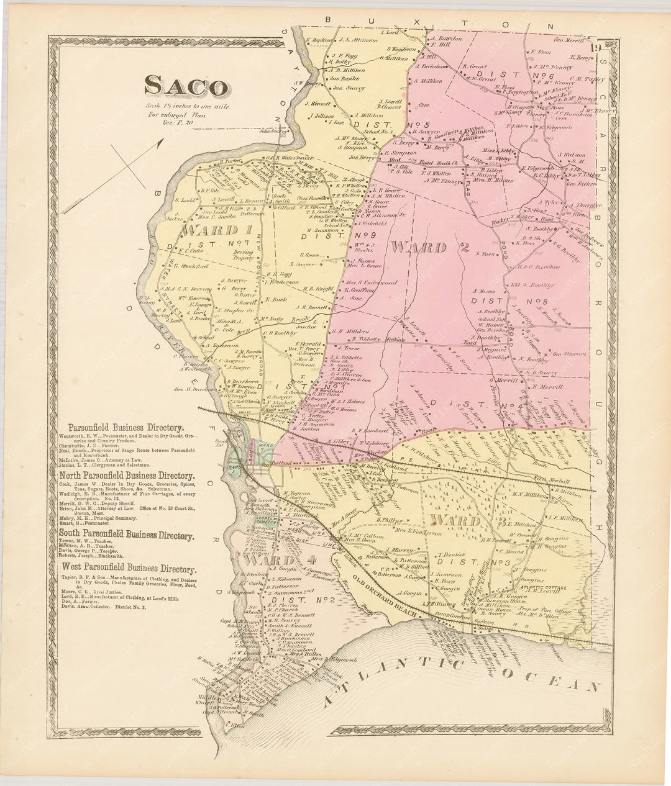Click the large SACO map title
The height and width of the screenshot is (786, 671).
[185, 86]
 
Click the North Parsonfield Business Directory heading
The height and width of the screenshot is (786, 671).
[126, 476]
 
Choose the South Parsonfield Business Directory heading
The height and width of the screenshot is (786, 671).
[126, 533]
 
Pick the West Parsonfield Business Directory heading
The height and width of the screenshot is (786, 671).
[127, 569]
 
